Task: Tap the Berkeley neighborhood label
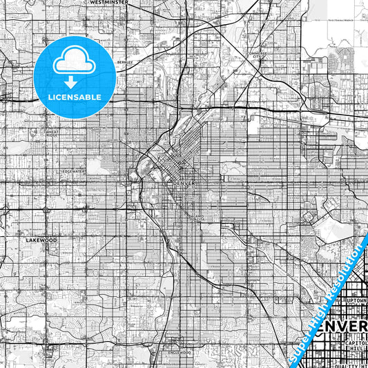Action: pos(124,61)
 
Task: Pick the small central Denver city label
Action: pos(185,183)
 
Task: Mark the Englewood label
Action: pos(180,352)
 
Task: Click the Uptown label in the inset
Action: pos(354,302)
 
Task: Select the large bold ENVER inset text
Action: pos(344,325)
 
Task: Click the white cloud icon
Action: pos(72,61)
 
